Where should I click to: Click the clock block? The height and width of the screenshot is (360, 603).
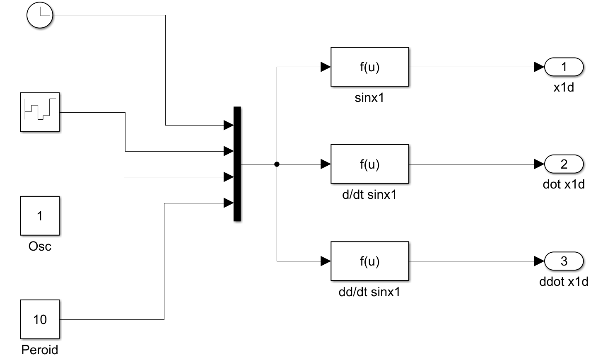[40, 15]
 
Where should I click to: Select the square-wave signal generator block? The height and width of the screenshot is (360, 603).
[40, 112]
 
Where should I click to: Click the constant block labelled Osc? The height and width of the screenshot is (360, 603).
[40, 216]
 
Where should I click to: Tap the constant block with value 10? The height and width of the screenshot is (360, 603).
[40, 319]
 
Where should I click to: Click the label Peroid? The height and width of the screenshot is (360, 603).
[40, 350]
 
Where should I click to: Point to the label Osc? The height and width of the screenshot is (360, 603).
[40, 246]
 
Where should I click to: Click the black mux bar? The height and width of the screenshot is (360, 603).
[237, 164]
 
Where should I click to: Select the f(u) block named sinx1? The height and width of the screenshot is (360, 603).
[369, 67]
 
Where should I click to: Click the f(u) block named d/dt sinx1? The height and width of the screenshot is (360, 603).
[369, 164]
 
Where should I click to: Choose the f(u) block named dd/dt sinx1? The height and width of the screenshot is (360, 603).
[369, 261]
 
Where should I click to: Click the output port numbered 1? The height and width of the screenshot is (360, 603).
[564, 67]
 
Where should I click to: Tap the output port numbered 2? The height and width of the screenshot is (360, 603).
[564, 164]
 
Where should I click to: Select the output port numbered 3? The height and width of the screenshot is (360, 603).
[564, 261]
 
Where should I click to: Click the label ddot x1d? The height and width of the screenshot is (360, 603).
[564, 282]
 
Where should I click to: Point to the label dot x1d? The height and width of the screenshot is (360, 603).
[564, 184]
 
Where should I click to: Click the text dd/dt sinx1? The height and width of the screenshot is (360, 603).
[369, 292]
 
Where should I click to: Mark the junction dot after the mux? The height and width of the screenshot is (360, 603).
[277, 164]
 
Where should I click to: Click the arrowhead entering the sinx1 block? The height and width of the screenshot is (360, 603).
[326, 67]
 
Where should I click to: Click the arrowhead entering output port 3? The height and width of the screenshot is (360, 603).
[539, 261]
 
